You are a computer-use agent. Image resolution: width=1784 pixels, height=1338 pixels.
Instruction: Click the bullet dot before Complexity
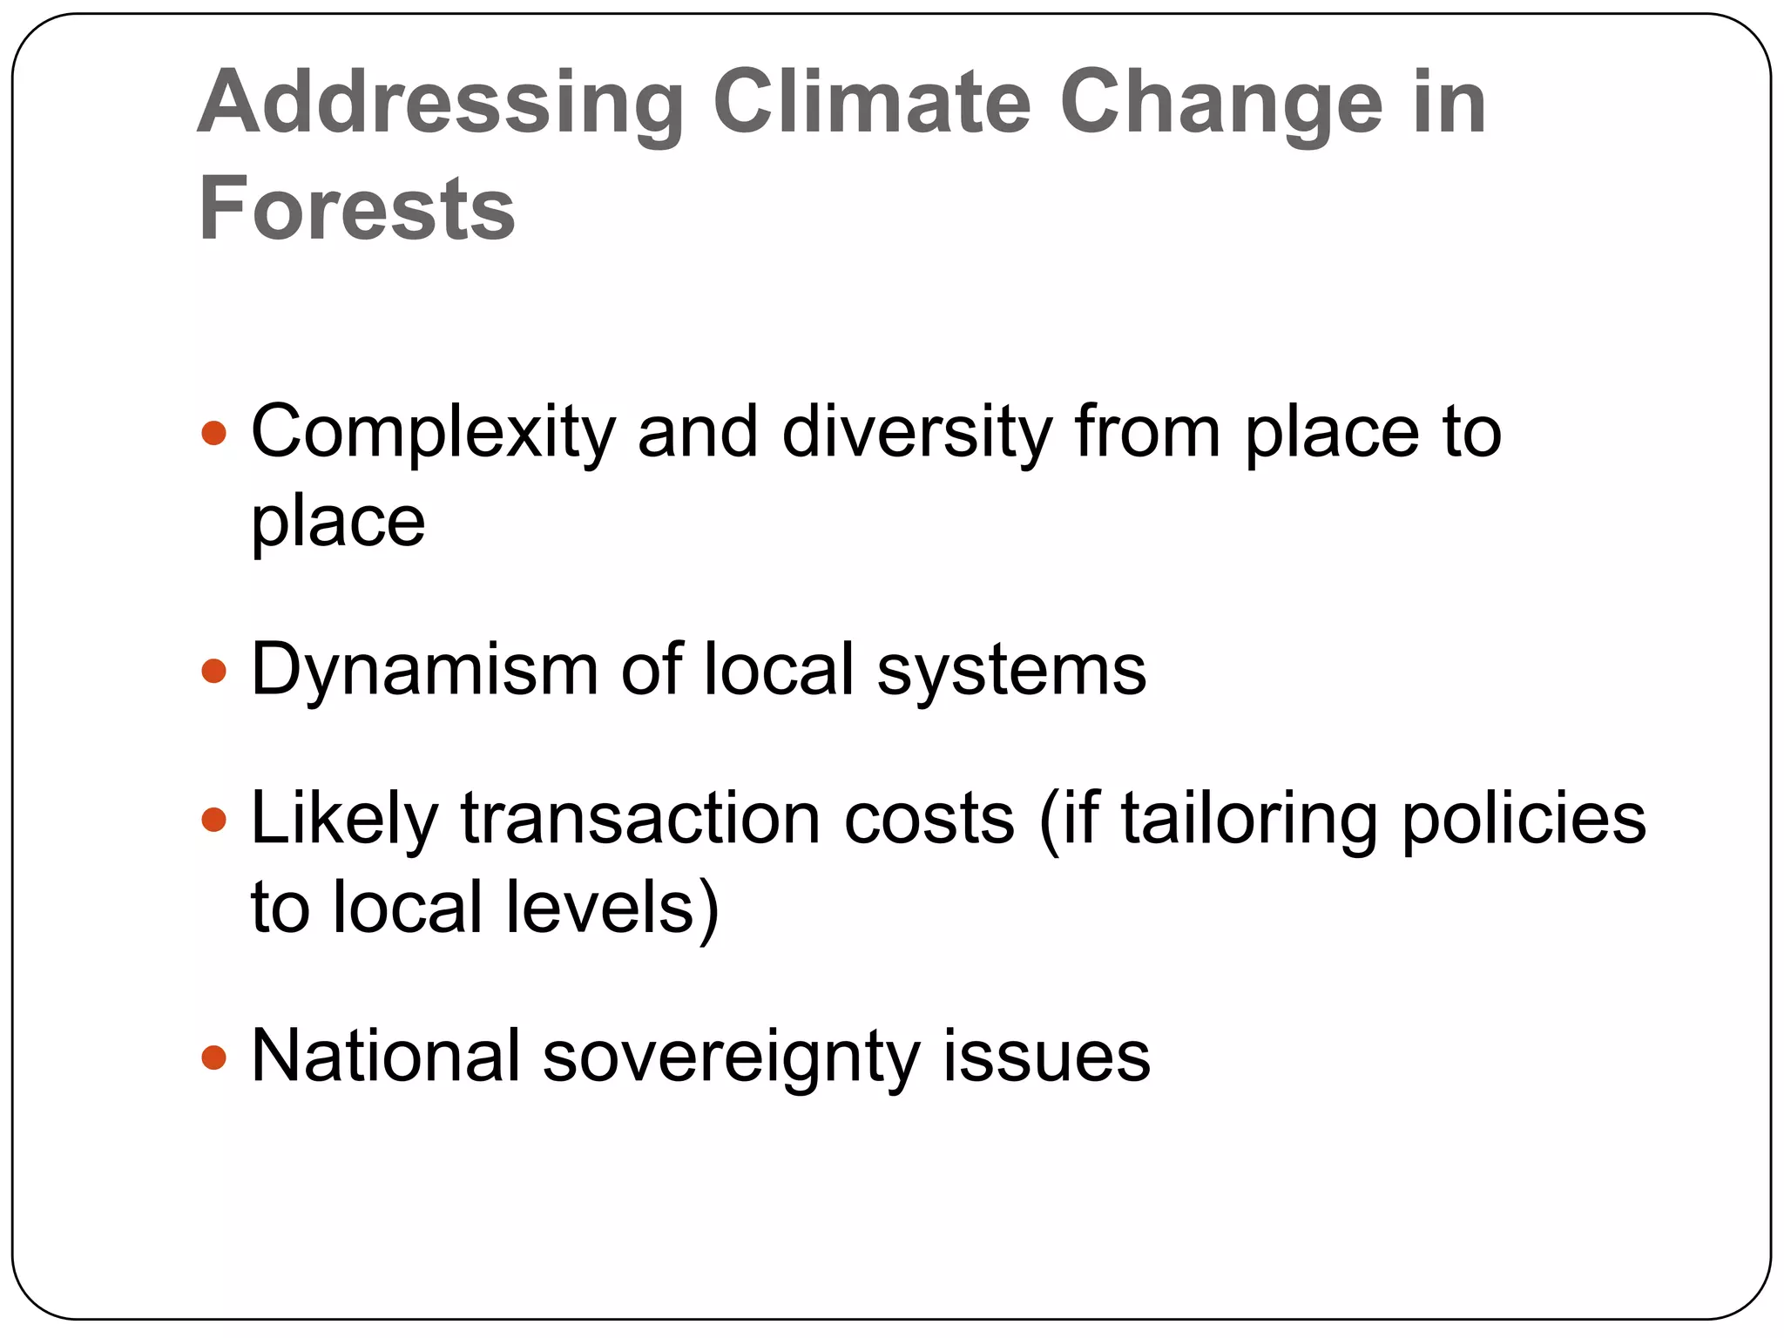coord(213,433)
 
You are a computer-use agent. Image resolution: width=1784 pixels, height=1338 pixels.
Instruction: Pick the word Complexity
coord(433,433)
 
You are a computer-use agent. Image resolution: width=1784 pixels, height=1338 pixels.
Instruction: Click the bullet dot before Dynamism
coord(213,670)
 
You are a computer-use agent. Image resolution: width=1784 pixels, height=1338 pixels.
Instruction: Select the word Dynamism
coord(424,671)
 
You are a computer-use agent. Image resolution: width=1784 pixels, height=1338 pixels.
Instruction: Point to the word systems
coord(1011,671)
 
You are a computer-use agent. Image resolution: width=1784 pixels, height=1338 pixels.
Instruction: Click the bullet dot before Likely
coord(213,820)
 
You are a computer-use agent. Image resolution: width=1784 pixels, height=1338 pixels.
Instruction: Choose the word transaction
coord(641,819)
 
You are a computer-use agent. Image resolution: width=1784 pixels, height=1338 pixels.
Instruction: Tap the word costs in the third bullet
coord(929,819)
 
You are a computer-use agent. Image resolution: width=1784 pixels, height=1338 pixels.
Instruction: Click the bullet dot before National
coord(213,1058)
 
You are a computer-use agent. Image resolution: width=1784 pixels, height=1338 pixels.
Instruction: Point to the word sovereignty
coord(731,1058)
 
